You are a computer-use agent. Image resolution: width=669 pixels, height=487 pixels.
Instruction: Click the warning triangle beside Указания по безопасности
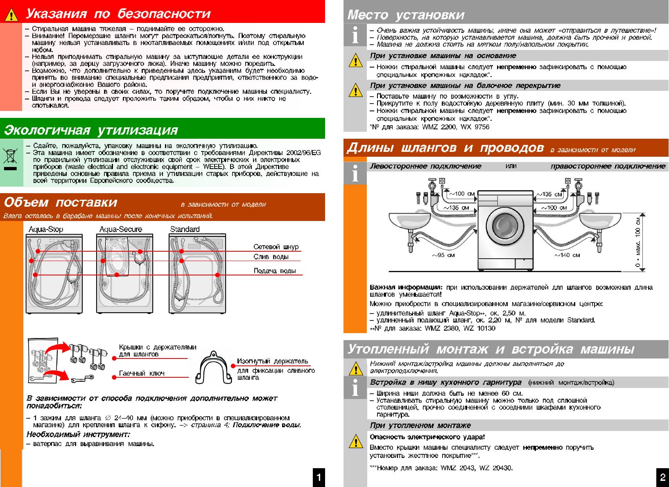pyautogui.click(x=11, y=15)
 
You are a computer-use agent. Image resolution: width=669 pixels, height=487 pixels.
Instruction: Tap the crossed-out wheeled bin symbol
pyautogui.click(x=10, y=157)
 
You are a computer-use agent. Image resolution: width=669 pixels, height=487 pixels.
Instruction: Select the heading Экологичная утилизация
pyautogui.click(x=91, y=130)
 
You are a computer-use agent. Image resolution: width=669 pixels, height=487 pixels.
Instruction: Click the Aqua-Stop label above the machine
pyautogui.click(x=46, y=229)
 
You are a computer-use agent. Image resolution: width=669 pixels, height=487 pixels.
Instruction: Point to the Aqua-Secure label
pyautogui.click(x=120, y=229)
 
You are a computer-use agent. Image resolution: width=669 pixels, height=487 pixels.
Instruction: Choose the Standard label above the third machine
pyautogui.click(x=185, y=229)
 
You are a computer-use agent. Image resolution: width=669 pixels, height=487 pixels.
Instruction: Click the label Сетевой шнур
pyautogui.click(x=276, y=247)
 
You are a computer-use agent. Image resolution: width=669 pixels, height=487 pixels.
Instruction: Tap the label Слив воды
pyautogui.click(x=271, y=257)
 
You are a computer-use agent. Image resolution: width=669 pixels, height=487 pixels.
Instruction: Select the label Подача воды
pyautogui.click(x=274, y=271)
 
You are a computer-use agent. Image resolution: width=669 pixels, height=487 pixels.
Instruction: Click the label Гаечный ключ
pyautogui.click(x=141, y=373)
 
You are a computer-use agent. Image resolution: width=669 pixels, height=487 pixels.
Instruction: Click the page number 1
pyautogui.click(x=319, y=477)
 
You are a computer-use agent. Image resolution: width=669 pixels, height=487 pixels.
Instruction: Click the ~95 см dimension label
pyautogui.click(x=443, y=255)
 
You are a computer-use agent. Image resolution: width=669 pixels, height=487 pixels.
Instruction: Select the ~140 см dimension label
pyautogui.click(x=567, y=255)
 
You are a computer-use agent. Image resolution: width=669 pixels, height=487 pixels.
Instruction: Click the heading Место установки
pyautogui.click(x=406, y=15)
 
